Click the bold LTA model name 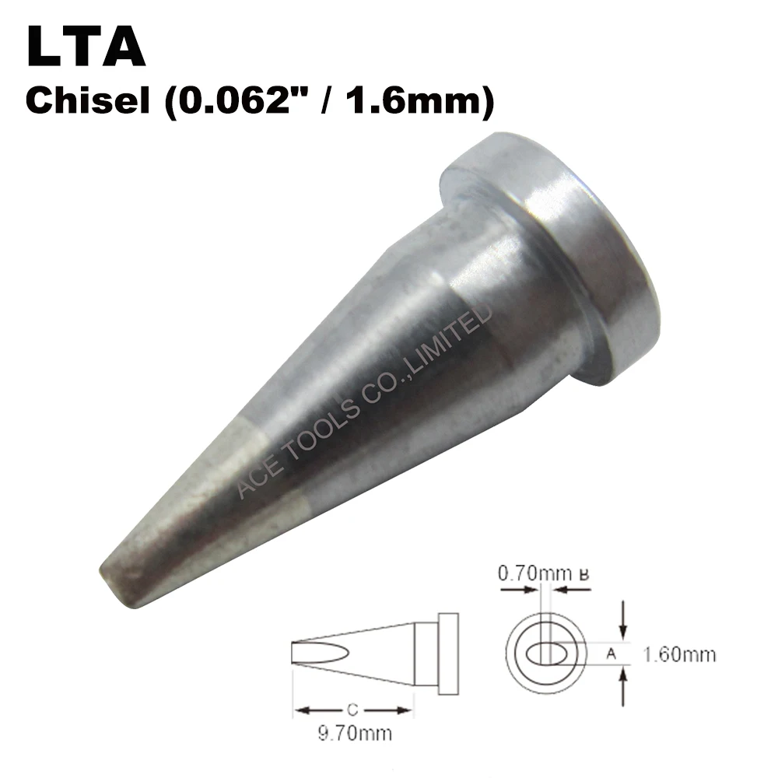click(x=86, y=48)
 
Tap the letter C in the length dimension click(x=352, y=710)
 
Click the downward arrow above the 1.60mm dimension click(x=623, y=619)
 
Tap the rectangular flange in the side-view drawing click(x=448, y=654)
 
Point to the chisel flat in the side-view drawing click(x=320, y=654)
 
